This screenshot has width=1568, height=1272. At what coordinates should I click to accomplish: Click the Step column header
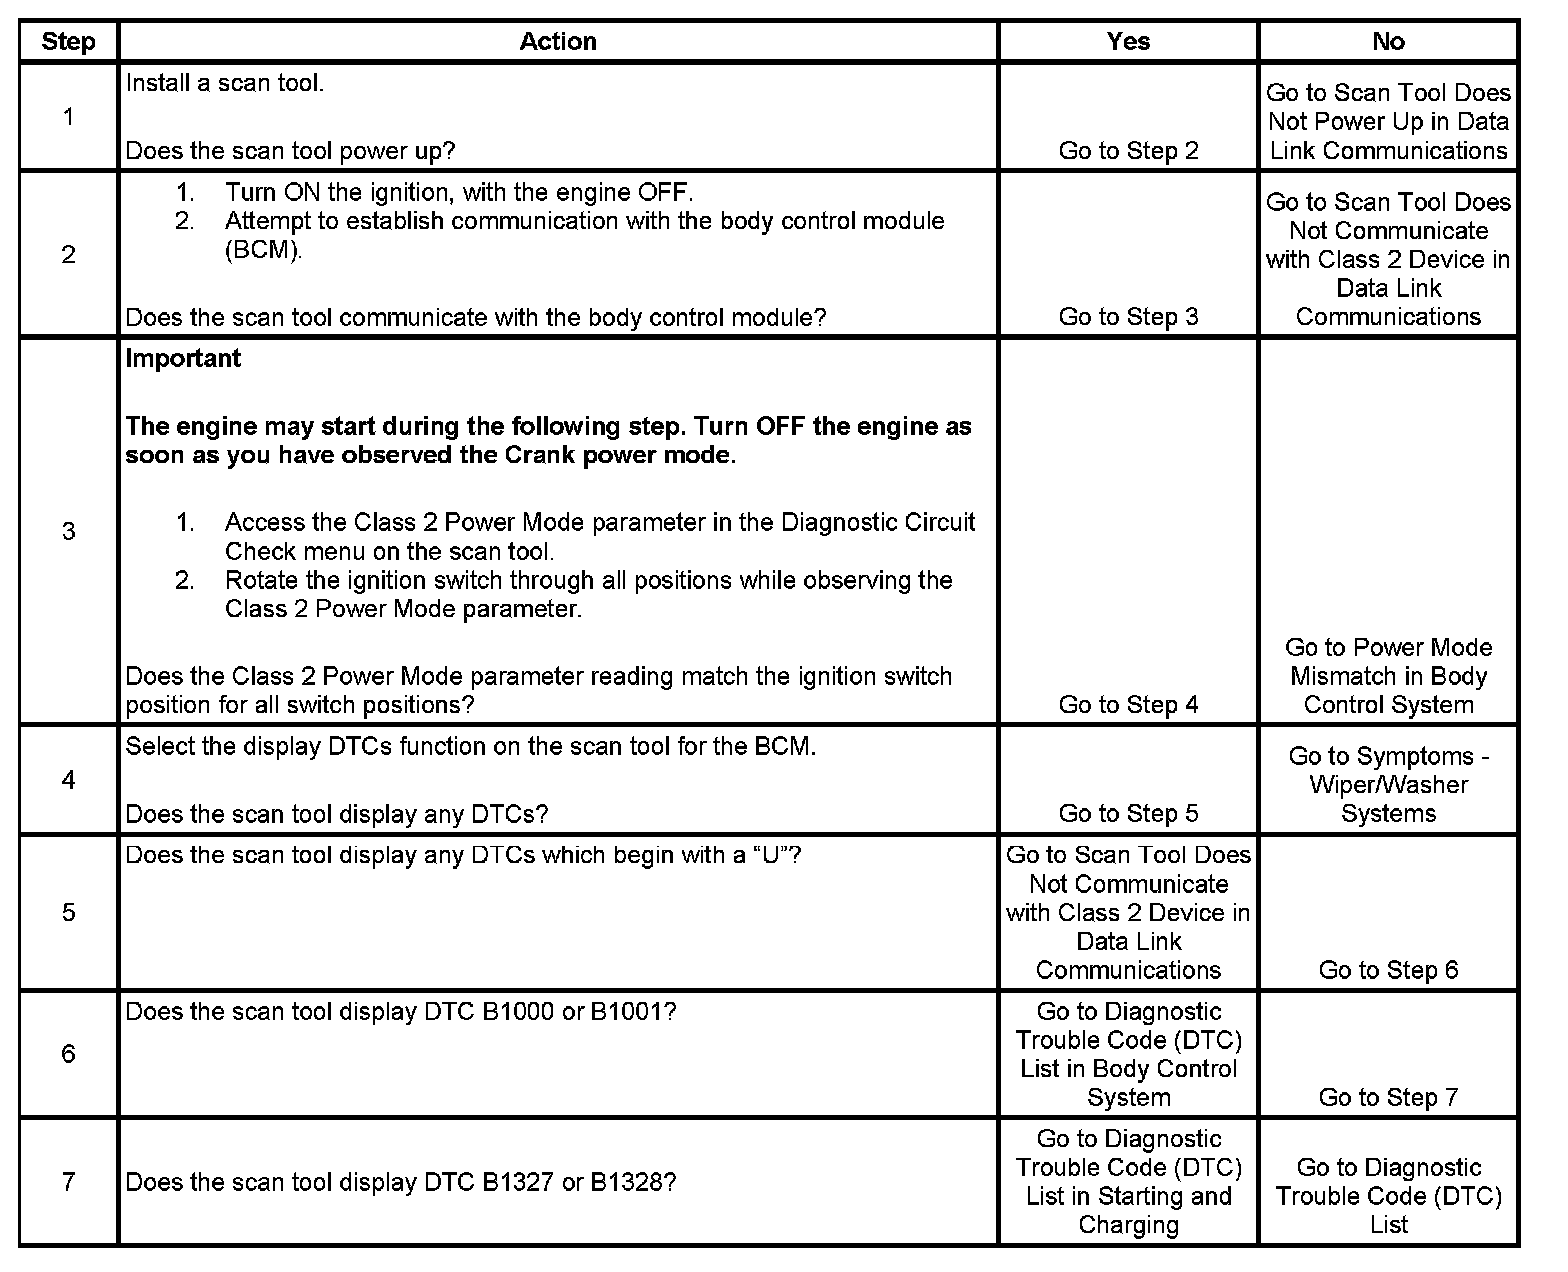tap(68, 42)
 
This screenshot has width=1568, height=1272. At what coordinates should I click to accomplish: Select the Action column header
tap(558, 41)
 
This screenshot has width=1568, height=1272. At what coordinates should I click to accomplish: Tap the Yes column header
tap(1128, 41)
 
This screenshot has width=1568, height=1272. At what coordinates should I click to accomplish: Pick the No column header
tap(1388, 41)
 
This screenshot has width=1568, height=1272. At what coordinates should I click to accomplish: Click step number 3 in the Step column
tap(68, 531)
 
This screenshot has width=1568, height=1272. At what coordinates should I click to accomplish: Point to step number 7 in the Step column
tap(68, 1182)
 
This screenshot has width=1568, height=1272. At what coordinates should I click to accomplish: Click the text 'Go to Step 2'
tap(1128, 151)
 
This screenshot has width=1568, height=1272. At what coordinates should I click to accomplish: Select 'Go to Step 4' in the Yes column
tap(1128, 705)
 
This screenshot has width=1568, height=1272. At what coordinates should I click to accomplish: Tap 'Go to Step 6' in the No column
tap(1388, 970)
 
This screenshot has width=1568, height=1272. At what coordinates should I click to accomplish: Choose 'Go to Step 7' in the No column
tap(1388, 1097)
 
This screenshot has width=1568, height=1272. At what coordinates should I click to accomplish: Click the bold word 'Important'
tap(183, 359)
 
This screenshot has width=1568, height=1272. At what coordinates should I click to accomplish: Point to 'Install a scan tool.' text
tap(225, 83)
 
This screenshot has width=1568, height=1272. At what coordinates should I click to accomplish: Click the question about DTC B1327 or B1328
tap(400, 1182)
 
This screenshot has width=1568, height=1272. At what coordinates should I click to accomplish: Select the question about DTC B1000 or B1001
tap(400, 1012)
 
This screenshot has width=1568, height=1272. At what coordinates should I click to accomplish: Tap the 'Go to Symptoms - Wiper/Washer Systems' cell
tap(1388, 785)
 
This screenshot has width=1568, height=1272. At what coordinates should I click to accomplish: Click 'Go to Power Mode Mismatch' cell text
tap(1388, 676)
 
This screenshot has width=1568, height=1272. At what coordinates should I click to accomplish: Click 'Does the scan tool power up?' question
tap(290, 151)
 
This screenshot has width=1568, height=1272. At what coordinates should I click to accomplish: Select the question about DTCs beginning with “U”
tap(463, 855)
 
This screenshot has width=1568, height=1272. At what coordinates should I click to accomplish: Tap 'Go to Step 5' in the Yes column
tap(1128, 814)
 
